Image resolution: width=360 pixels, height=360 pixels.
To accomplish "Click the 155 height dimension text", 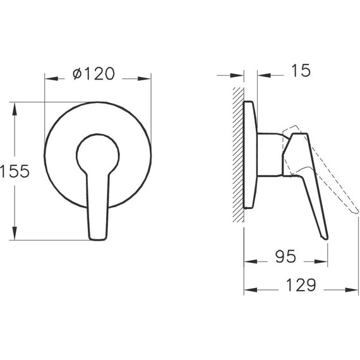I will (x=16, y=171).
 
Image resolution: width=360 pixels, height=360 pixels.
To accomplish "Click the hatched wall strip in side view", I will (x=237, y=155).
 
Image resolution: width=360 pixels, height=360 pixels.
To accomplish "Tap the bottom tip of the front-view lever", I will (x=99, y=236).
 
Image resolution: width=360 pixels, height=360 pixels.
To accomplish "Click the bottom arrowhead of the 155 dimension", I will (x=15, y=235).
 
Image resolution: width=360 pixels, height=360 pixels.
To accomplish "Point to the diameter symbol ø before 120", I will (x=77, y=75).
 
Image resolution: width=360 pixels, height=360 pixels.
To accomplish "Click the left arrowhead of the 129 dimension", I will (x=248, y=290).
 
